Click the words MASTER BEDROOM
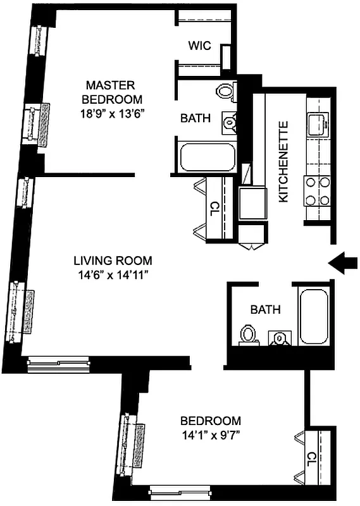coord(114,92)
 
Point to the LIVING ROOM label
coord(113,261)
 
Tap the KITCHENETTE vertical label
coord(283,162)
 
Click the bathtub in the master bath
coord(207,157)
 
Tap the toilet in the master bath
coord(225,91)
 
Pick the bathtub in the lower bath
coord(315,316)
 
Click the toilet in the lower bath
coord(247,334)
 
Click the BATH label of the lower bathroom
coord(265,310)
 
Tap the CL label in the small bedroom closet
coord(311,457)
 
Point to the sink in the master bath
coord(229,121)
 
